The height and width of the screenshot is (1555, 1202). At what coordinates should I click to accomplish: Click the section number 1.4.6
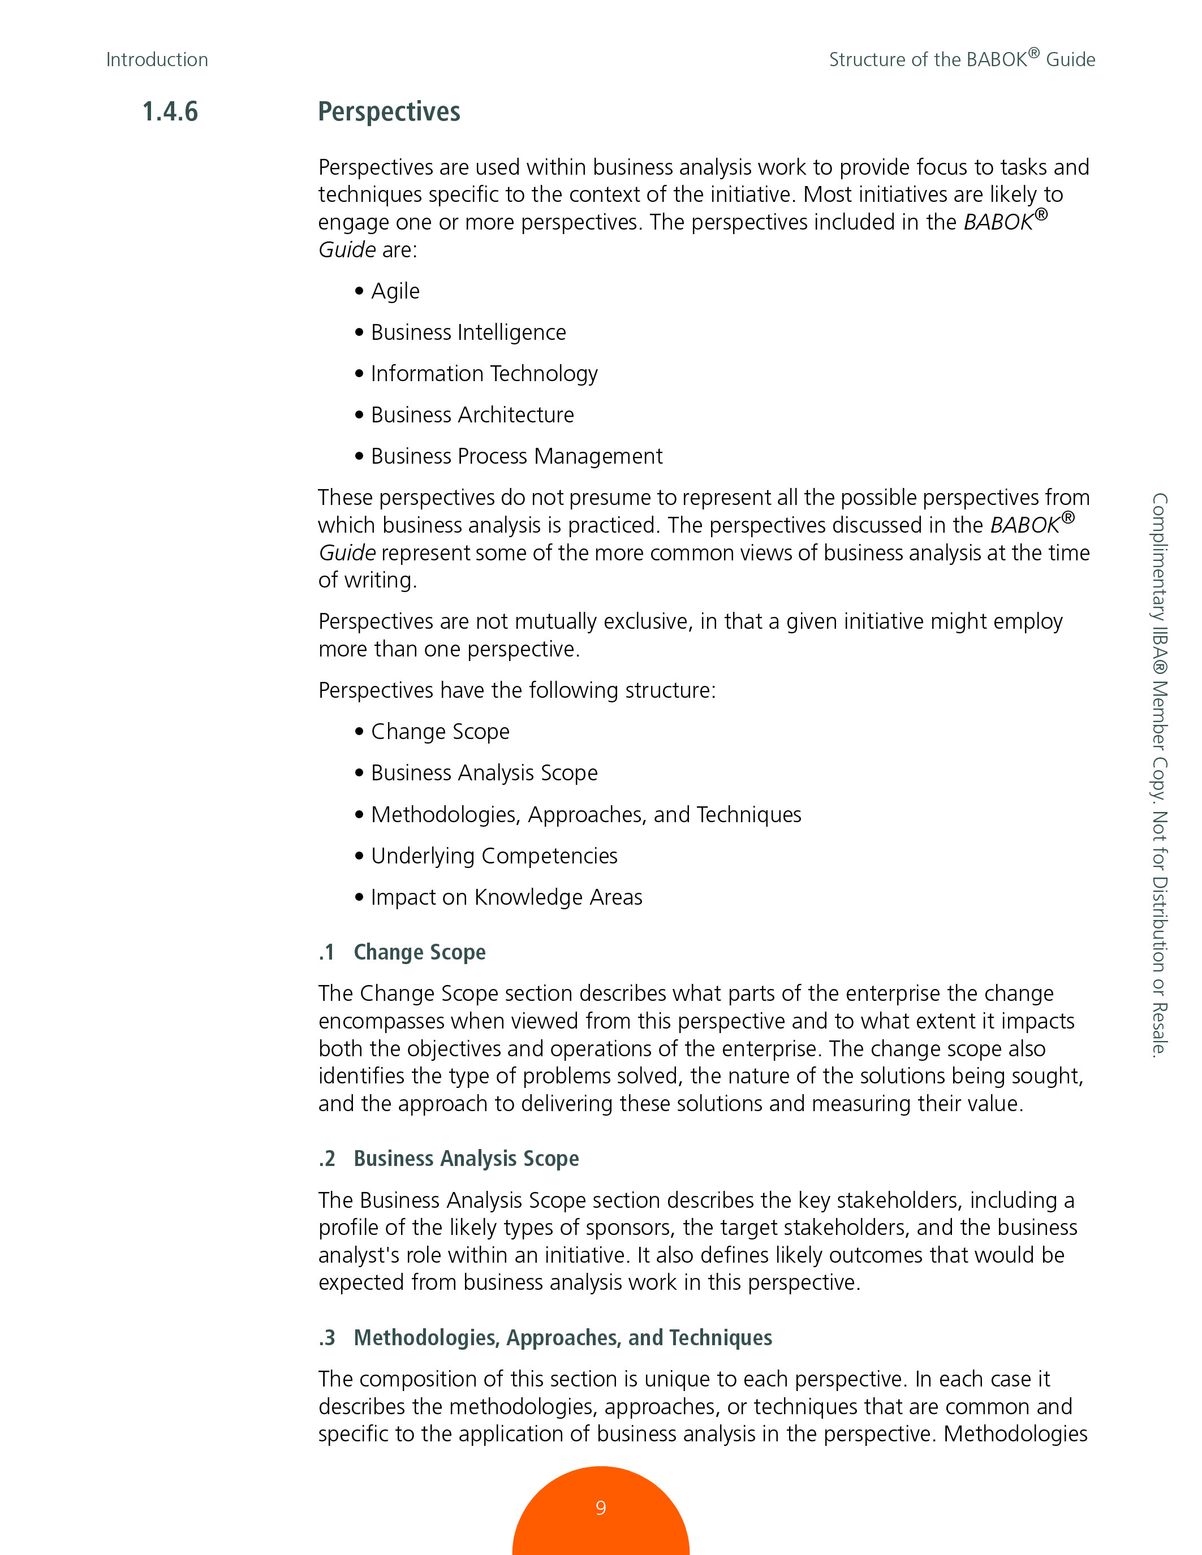170,112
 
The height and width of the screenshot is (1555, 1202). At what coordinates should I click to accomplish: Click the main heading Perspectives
389,112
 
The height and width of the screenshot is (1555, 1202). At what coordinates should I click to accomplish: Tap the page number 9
600,1508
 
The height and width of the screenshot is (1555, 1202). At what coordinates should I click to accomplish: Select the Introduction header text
157,60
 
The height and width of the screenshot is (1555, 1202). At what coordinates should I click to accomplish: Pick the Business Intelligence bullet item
468,332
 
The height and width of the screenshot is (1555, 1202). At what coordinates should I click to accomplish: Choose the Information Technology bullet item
484,374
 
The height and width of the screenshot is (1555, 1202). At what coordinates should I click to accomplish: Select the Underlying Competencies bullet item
493,856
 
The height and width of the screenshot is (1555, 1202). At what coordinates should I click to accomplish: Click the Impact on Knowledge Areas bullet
506,897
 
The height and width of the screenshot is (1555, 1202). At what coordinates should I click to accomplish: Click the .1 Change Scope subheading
402,953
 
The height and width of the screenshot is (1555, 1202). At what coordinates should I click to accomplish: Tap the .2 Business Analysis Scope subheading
449,1159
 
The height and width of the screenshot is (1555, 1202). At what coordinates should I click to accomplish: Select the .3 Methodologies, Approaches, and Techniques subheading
545,1338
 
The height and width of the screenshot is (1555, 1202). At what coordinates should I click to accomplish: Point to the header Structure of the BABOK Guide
961,59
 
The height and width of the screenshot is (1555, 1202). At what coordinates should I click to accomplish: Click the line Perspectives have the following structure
517,690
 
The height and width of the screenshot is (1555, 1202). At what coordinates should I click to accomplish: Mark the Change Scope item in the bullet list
440,732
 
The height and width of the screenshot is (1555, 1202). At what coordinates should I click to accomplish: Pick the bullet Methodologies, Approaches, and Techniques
585,814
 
